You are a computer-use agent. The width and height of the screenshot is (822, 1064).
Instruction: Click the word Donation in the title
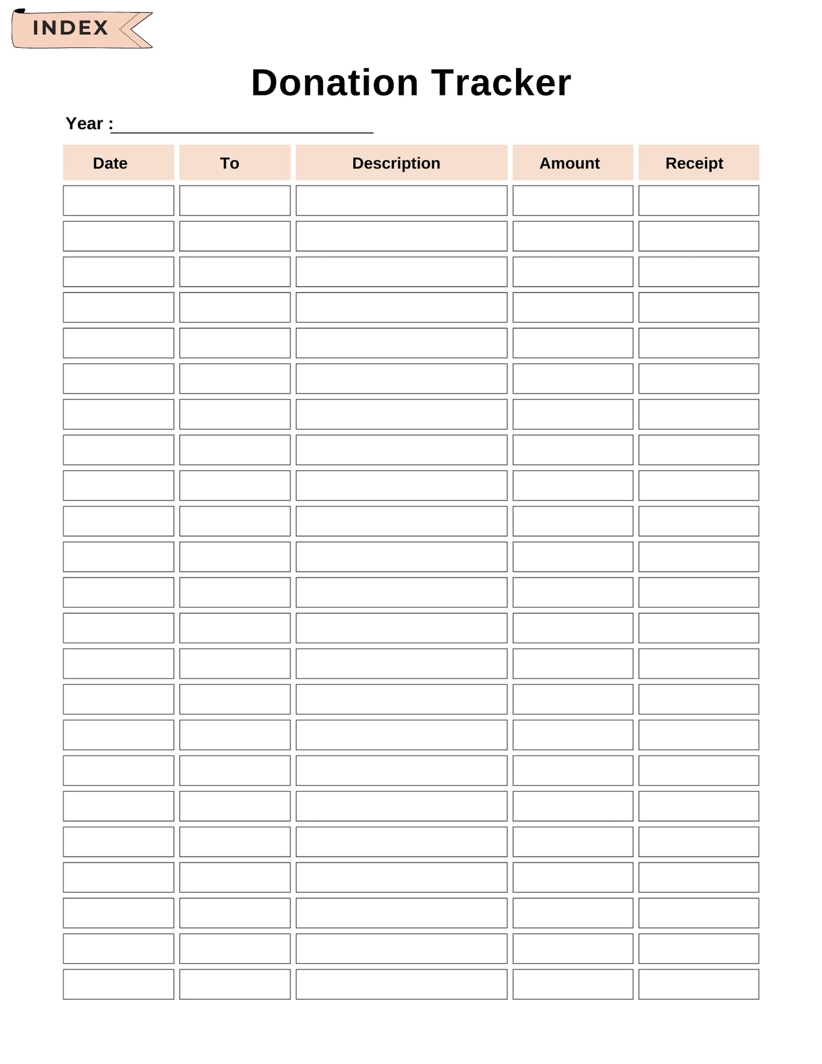(x=334, y=83)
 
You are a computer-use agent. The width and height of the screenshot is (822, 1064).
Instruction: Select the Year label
(x=89, y=124)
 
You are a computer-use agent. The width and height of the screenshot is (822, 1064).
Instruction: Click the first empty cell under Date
(x=118, y=200)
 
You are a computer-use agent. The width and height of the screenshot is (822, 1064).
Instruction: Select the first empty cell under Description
(x=401, y=200)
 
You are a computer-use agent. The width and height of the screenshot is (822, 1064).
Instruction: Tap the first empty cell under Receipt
(x=698, y=200)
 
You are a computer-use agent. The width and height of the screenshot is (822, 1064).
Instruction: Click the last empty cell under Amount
(x=572, y=984)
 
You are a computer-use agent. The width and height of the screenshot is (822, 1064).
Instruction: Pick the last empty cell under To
(x=234, y=984)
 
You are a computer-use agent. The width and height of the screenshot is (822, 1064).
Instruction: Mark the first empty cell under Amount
(x=572, y=200)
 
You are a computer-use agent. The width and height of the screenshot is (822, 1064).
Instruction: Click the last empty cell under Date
(x=118, y=984)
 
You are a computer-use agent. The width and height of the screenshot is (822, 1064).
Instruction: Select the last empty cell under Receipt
(x=698, y=984)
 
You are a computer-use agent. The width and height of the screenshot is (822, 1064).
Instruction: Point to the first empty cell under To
(x=234, y=200)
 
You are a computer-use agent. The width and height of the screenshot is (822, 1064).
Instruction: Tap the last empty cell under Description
(x=401, y=984)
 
